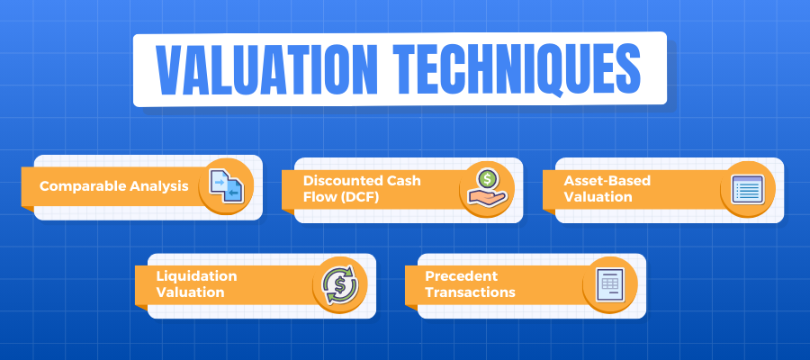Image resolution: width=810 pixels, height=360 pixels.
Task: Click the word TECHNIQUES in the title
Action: pyautogui.click(x=517, y=70)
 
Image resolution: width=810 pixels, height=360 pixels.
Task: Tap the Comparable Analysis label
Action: pyautogui.click(x=114, y=186)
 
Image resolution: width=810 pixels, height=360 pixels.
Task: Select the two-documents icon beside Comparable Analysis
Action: pyautogui.click(x=226, y=186)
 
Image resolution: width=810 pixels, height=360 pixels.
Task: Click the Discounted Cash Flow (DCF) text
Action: pyautogui.click(x=362, y=188)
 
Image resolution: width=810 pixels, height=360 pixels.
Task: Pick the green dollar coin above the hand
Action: pyautogui.click(x=486, y=179)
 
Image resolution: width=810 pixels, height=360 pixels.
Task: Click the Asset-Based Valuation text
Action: pyautogui.click(x=607, y=188)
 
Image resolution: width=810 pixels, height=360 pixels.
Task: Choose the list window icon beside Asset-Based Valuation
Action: pyautogui.click(x=748, y=189)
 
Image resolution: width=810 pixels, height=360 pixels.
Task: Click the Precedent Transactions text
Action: pyautogui.click(x=470, y=283)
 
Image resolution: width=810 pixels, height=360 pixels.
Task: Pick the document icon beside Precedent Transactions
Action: pyautogui.click(x=610, y=284)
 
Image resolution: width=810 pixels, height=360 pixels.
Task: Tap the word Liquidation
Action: pyautogui.click(x=196, y=275)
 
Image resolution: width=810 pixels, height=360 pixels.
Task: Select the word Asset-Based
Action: pyautogui.click(x=607, y=181)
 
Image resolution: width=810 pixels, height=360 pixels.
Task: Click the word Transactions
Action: pyautogui.click(x=470, y=292)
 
